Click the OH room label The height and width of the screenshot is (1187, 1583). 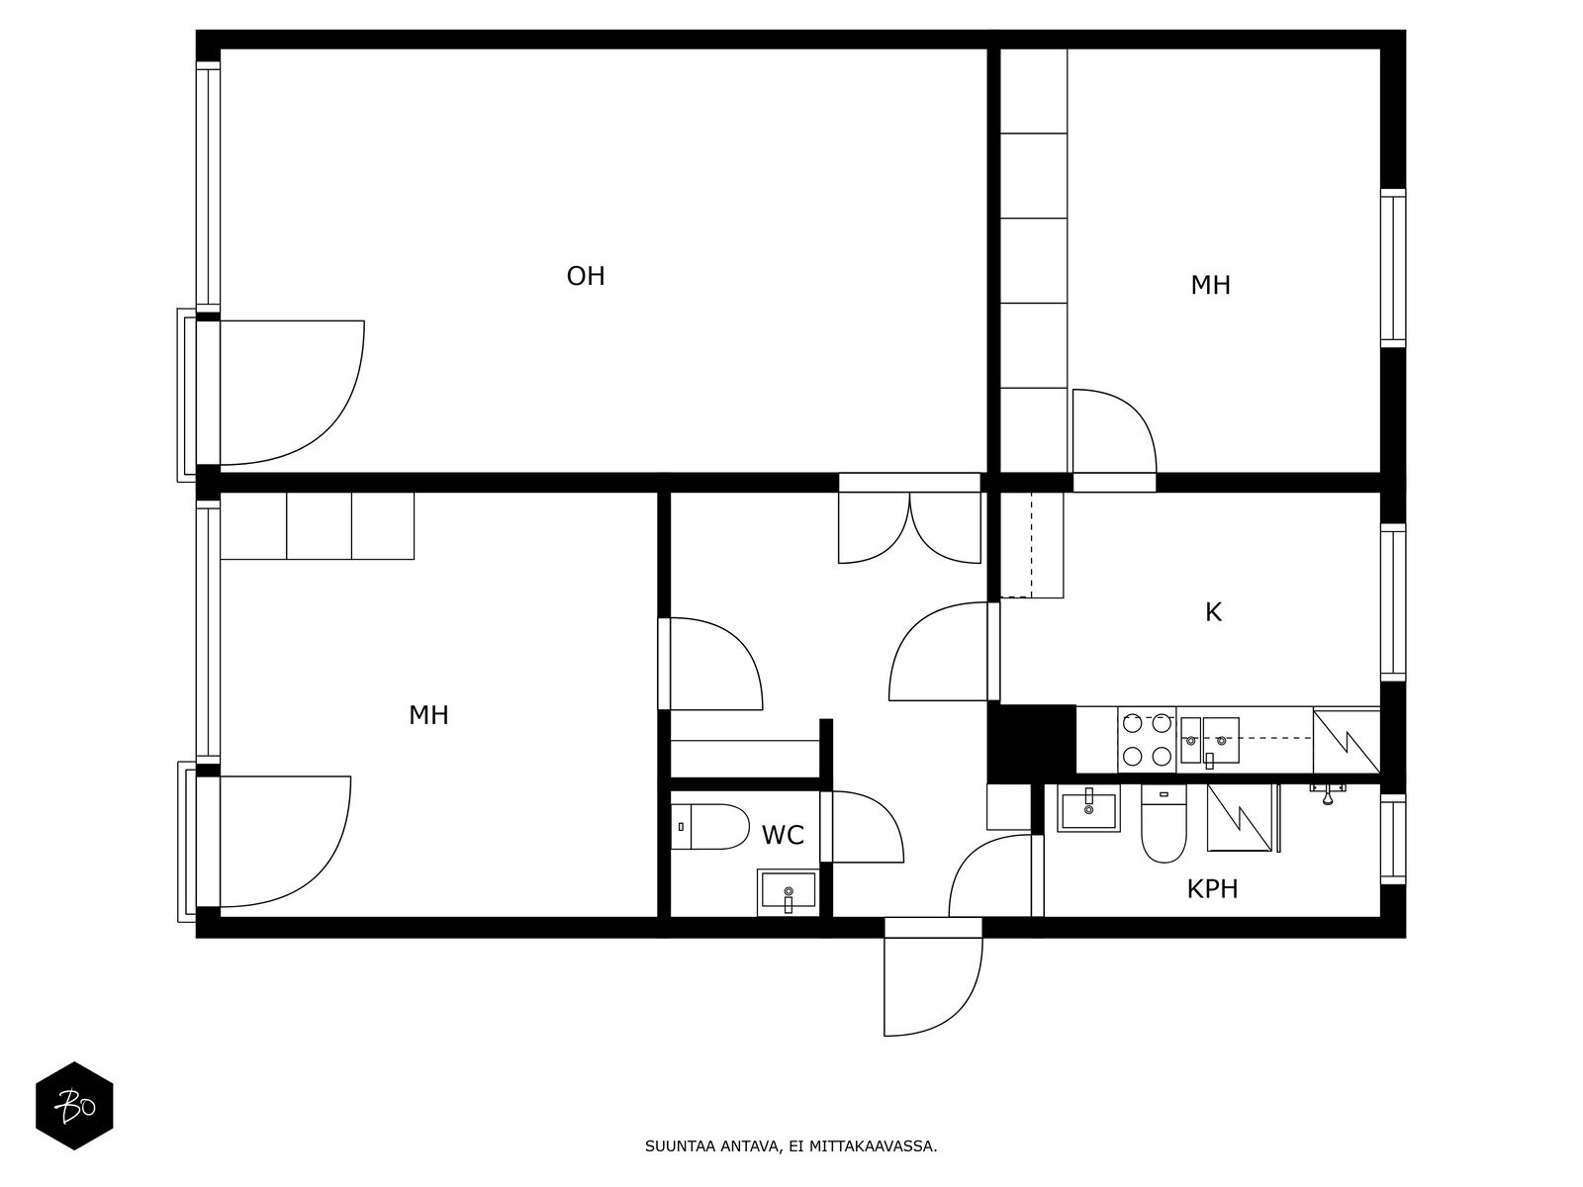[585, 276]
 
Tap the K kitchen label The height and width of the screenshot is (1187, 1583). [1213, 612]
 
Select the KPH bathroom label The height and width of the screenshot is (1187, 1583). [1212, 889]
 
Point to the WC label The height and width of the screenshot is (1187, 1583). [783, 835]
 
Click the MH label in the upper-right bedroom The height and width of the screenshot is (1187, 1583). [1210, 286]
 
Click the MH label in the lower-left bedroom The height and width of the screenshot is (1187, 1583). [428, 715]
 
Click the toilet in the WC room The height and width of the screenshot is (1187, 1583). [710, 827]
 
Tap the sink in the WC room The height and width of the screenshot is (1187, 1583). [788, 892]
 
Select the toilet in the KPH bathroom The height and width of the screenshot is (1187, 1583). [1164, 823]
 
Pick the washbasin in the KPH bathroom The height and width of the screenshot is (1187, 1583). [1088, 808]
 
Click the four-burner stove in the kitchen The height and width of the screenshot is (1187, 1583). [1147, 740]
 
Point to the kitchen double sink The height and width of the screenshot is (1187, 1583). [1209, 741]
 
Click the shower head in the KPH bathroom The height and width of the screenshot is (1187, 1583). [1328, 792]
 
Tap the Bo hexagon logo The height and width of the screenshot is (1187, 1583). [74, 1106]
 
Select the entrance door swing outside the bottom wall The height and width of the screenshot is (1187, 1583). [933, 986]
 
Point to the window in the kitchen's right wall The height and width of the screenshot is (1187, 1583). [1393, 602]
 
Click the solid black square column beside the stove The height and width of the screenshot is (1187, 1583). [1031, 743]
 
